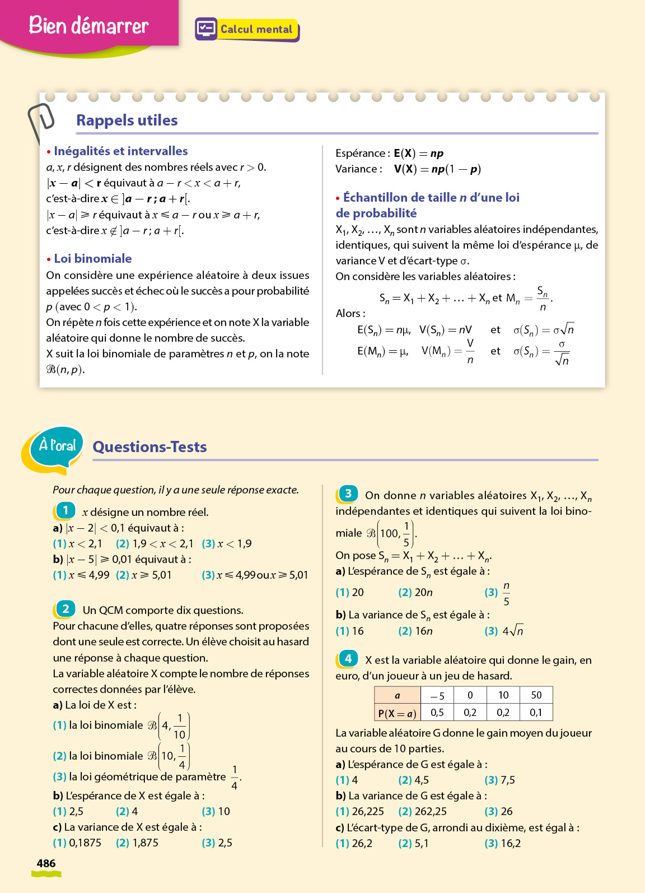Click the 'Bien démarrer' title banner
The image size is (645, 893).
point(88,25)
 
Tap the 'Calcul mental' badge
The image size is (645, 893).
point(247,29)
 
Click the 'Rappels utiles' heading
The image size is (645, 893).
point(127,120)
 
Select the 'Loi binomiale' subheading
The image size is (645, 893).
point(92,258)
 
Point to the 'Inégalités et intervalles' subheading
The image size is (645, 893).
point(120,151)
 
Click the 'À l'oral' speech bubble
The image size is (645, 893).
point(56,447)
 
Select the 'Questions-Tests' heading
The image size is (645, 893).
point(149,447)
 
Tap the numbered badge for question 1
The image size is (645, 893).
point(66,510)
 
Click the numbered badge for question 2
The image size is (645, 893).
point(66,609)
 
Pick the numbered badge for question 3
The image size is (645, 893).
point(348,494)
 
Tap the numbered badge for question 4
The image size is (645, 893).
point(348,659)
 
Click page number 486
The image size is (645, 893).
point(46,863)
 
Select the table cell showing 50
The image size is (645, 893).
point(536,695)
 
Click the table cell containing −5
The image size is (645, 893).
point(437,696)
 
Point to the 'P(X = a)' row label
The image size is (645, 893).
point(397,713)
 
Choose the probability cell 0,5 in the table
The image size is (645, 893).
point(437,713)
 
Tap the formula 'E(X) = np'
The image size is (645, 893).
point(418,153)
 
